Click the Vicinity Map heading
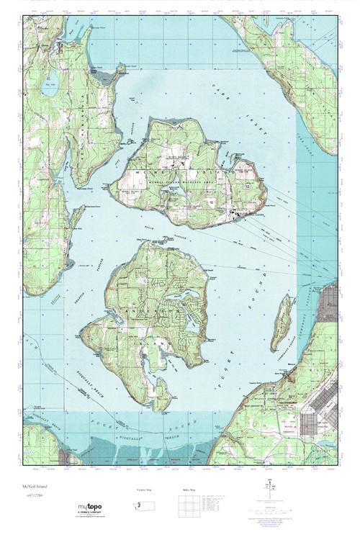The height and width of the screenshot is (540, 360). coord(145,489)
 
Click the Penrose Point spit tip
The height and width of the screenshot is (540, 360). coord(117,70)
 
